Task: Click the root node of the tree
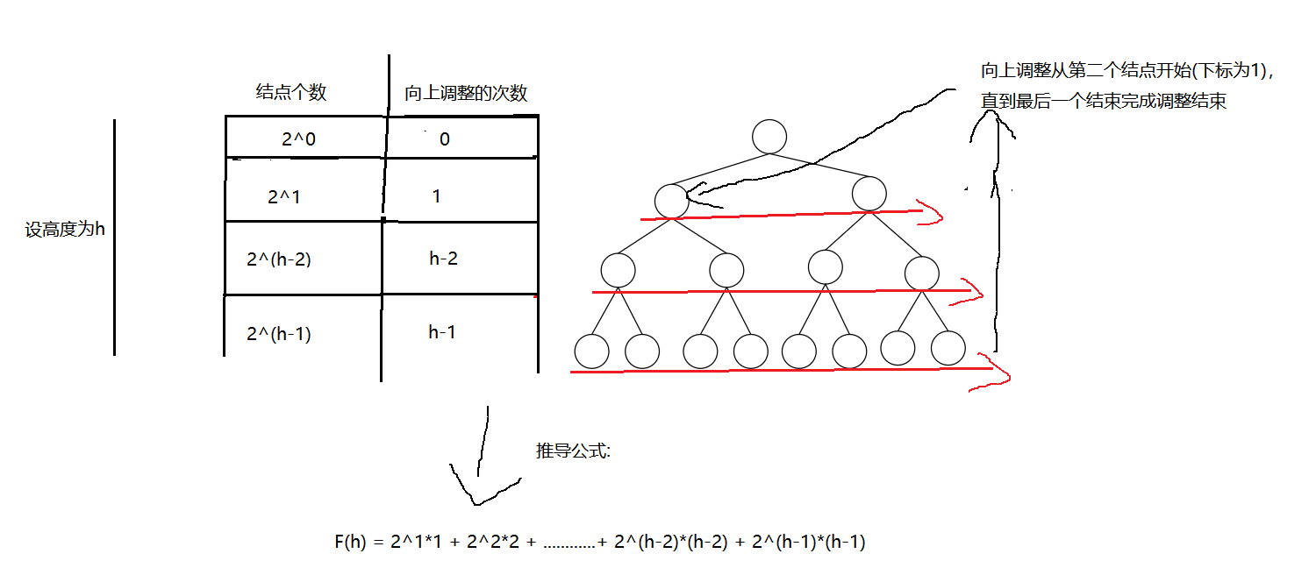(x=769, y=137)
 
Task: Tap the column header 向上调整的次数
(x=466, y=94)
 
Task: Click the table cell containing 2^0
(x=298, y=138)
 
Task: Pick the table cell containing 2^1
(x=284, y=197)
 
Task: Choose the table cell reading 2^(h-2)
(x=280, y=259)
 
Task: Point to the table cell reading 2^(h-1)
(x=280, y=334)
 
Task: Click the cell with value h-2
(x=444, y=259)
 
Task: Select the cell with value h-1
(x=442, y=332)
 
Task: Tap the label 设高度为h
(x=65, y=231)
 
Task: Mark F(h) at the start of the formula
(x=350, y=543)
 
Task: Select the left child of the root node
(x=671, y=200)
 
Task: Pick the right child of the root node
(x=869, y=194)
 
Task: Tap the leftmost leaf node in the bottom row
(x=591, y=351)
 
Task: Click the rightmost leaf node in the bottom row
(x=948, y=348)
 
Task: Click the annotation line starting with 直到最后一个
(x=1103, y=102)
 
